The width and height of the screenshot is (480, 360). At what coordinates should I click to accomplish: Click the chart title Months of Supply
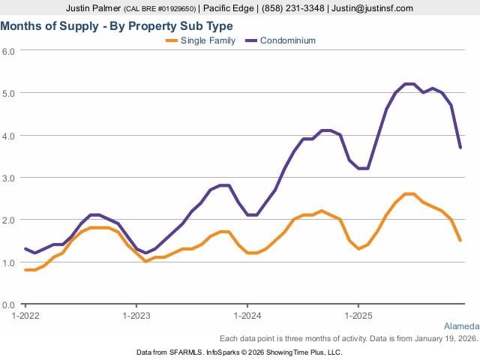[117, 25]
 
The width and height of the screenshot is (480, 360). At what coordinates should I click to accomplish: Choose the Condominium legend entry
[287, 40]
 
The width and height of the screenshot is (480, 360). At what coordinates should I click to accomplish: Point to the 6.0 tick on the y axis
[9, 51]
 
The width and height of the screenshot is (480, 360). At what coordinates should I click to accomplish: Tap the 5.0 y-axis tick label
[9, 93]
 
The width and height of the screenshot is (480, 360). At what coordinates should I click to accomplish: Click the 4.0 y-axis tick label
[9, 136]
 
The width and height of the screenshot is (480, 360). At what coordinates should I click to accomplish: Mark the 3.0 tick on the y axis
[9, 178]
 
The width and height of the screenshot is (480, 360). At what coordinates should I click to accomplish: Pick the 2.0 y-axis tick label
[9, 220]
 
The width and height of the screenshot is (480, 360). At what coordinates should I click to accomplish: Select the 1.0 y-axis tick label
[9, 262]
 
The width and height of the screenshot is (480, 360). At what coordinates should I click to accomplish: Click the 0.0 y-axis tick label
[9, 305]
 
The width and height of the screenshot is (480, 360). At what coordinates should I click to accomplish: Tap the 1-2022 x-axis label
[25, 316]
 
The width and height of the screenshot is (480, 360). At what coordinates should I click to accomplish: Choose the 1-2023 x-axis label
[136, 316]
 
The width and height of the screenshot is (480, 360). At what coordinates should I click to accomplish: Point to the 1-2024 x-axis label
[247, 316]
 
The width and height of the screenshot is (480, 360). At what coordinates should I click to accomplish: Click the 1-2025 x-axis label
[358, 316]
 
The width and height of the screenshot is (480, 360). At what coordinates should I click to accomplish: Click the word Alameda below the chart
[460, 327]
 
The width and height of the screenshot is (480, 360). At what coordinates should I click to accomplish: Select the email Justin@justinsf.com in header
[373, 8]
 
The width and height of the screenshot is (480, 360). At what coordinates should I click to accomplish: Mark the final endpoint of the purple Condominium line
[460, 147]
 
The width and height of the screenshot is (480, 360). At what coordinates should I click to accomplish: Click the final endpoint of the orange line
[460, 241]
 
